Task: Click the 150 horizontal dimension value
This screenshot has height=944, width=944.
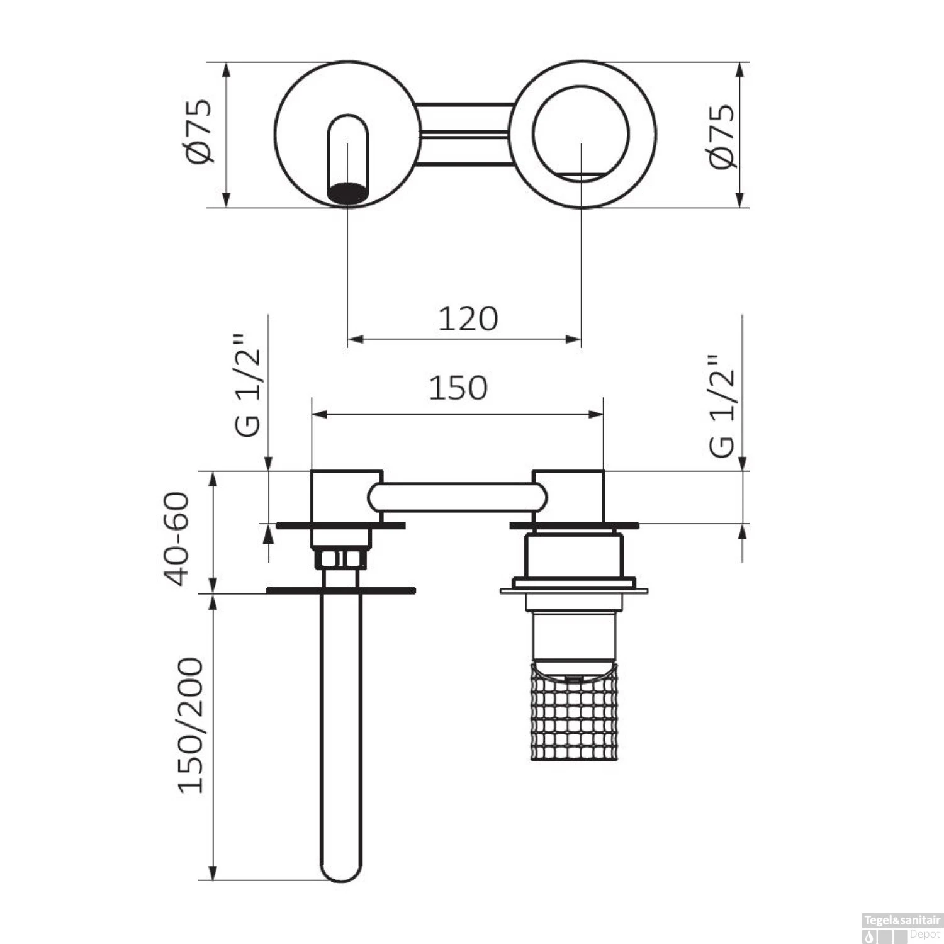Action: click(458, 388)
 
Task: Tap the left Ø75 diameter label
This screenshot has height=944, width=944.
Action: click(199, 132)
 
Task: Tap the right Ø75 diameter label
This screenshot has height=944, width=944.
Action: click(721, 136)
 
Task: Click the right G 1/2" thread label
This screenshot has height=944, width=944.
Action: click(721, 406)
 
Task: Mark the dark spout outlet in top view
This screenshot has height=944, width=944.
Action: click(347, 193)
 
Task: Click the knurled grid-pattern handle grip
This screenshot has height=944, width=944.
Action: click(574, 711)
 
